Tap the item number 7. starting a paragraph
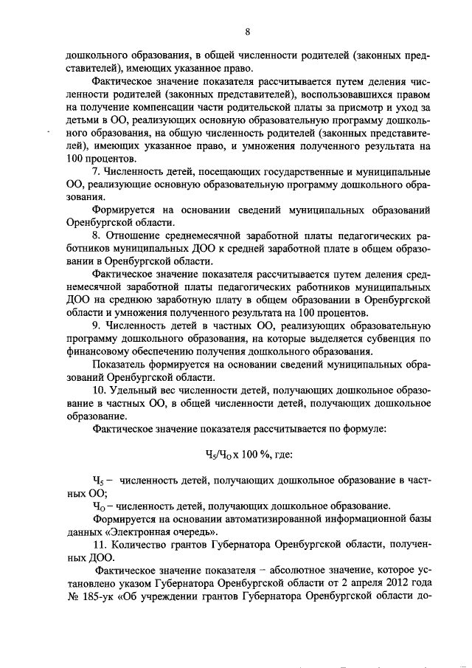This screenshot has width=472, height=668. click(96, 171)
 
